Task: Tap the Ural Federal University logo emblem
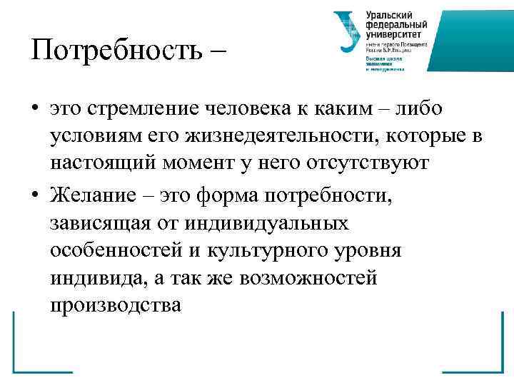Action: [348, 33]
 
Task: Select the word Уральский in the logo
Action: [390, 16]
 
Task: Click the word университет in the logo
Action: [393, 34]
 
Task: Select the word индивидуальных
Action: [268, 224]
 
